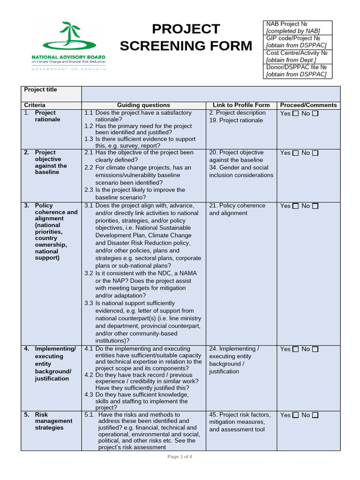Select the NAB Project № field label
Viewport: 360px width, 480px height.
[x=287, y=24]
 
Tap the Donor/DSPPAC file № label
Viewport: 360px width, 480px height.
[x=297, y=67]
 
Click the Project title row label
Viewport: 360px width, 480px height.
[x=41, y=90]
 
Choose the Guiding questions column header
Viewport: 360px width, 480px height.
[x=143, y=105]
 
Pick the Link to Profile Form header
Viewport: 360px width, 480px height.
[x=241, y=105]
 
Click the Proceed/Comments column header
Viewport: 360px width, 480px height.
[x=308, y=105]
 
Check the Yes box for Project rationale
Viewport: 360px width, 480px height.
[x=295, y=113]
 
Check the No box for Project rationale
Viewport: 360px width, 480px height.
[x=315, y=113]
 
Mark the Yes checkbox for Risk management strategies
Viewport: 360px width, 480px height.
[x=295, y=415]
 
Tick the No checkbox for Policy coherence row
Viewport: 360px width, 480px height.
[x=315, y=206]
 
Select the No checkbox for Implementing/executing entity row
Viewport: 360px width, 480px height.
[x=315, y=349]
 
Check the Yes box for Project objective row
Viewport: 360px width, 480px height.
[x=295, y=153]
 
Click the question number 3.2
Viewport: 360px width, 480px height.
[x=89, y=273]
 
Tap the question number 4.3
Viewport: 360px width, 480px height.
[x=89, y=395]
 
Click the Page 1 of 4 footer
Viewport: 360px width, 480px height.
[x=180, y=457]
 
